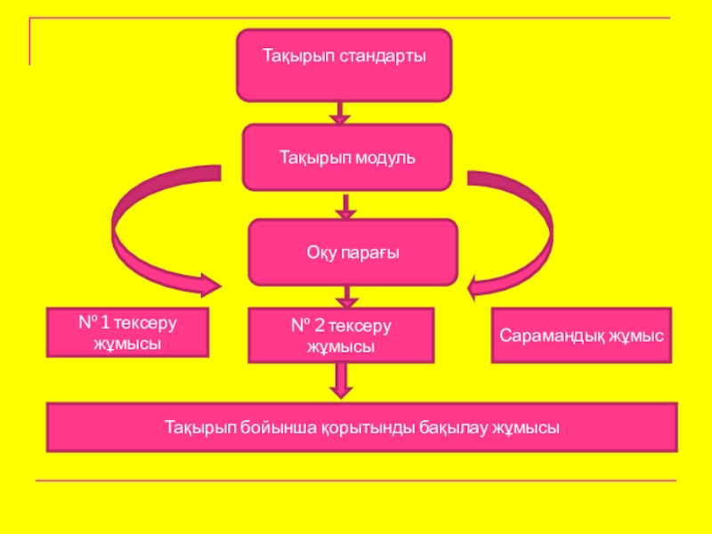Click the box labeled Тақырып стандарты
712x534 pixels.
[x=344, y=64]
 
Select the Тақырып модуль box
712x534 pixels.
[x=347, y=157]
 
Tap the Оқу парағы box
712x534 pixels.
[x=352, y=253]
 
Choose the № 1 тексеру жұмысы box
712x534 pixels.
[x=127, y=332]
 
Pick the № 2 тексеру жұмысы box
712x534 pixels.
[x=341, y=335]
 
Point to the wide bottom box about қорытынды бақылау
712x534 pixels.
[x=361, y=427]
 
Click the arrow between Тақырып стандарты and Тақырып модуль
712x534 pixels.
[x=340, y=112]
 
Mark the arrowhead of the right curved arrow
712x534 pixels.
[x=481, y=285]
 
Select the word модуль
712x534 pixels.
[x=385, y=158]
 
